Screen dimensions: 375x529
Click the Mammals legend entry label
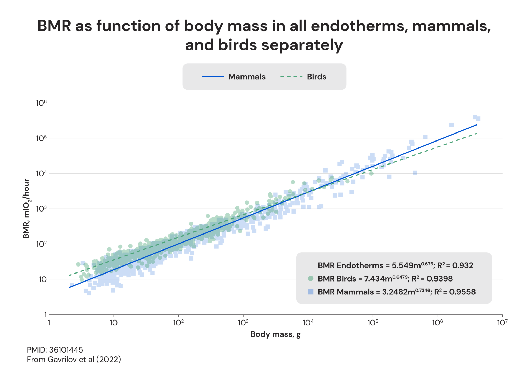(x=247, y=77)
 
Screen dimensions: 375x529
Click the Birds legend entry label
(x=316, y=77)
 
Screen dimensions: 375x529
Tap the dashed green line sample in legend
(x=291, y=77)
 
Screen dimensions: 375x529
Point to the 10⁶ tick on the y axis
(x=42, y=103)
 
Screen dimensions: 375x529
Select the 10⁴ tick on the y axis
(x=42, y=174)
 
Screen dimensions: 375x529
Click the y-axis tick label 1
(x=46, y=315)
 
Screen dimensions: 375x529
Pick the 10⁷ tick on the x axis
(x=502, y=323)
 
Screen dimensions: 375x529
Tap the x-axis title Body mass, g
(x=275, y=334)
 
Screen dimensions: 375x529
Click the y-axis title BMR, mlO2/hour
(x=26, y=209)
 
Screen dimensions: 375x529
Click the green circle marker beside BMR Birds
(x=311, y=278)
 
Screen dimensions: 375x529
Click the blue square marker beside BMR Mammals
(x=311, y=292)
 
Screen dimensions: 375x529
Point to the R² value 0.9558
(x=462, y=292)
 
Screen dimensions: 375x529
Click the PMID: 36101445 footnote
(x=55, y=350)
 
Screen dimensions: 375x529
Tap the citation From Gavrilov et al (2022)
(x=74, y=360)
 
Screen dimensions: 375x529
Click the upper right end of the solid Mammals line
(x=476, y=125)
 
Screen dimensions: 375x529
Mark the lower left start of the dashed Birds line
(x=69, y=275)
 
